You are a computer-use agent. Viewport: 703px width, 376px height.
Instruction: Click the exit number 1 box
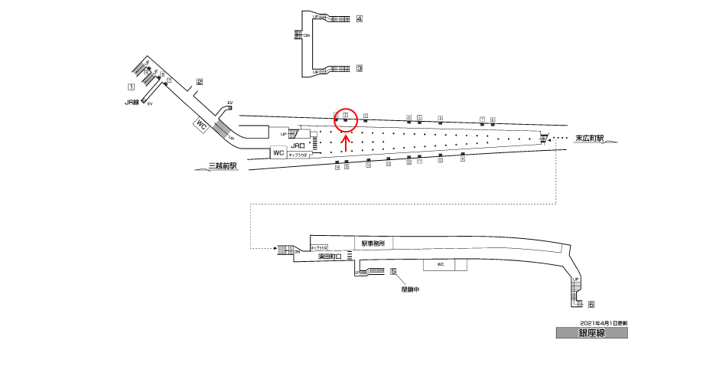coord(131,87)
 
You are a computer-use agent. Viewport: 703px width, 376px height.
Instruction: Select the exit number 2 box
coord(199,82)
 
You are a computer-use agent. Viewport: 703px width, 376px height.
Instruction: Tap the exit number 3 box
coord(359,68)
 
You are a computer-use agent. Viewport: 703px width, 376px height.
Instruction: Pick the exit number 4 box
coord(359,18)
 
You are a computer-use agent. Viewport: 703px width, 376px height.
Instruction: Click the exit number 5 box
coord(393,271)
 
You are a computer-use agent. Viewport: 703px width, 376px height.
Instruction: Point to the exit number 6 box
coord(591,304)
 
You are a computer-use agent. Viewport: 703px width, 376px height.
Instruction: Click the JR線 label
coord(132,102)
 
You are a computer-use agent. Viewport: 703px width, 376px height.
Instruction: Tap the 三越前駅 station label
coord(223,165)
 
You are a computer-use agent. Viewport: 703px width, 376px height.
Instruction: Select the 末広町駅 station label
coord(590,139)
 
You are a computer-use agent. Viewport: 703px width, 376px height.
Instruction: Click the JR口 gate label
coord(298,144)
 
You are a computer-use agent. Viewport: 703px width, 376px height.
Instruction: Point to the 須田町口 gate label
coord(330,258)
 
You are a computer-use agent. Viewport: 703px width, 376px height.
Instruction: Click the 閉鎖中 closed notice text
coord(411,289)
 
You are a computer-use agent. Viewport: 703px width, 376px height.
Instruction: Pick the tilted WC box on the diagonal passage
coord(202,124)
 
